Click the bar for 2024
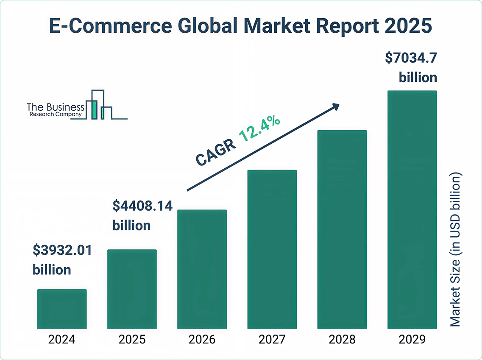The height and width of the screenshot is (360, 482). (62, 309)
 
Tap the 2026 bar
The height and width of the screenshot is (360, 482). (202, 269)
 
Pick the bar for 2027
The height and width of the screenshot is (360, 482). (272, 249)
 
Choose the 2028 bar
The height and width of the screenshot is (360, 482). (342, 229)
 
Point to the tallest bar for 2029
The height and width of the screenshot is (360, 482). (412, 209)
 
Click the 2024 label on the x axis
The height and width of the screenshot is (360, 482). (62, 340)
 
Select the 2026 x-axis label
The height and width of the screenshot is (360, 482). (202, 340)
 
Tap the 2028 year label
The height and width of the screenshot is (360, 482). (342, 340)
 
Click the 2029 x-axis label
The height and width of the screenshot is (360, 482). (412, 340)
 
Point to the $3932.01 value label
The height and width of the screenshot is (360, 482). (62, 250)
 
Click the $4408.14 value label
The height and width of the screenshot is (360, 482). (142, 206)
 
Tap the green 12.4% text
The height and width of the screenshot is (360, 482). (259, 128)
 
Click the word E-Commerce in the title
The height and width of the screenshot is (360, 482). (109, 26)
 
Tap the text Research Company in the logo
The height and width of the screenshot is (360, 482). (56, 115)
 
